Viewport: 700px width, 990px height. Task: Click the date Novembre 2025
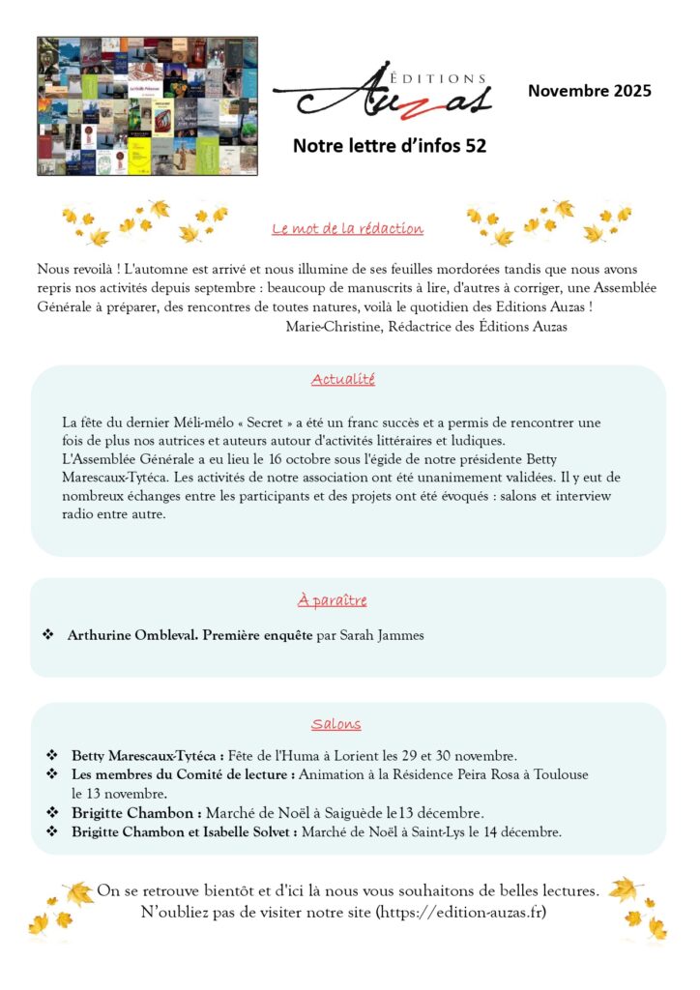[x=589, y=92]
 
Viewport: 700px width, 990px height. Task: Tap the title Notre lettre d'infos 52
[x=389, y=146]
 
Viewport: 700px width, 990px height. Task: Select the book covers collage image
[x=147, y=106]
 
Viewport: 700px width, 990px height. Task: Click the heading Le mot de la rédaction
[x=348, y=229]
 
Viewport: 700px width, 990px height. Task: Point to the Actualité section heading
[x=343, y=380]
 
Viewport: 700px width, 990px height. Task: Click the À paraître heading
[x=332, y=600]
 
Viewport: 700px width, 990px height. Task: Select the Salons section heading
[x=336, y=724]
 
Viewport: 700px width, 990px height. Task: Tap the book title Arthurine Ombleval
[x=133, y=635]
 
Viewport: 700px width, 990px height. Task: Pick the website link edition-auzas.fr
[x=461, y=912]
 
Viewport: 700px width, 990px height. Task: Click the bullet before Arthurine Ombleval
[x=48, y=635]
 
